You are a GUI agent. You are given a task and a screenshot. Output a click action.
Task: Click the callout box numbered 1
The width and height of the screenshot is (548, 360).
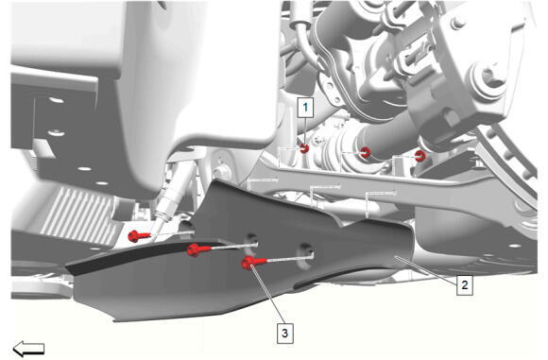click(x=306, y=108)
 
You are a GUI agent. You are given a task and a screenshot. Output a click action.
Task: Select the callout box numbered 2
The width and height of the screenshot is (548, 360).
click(x=465, y=285)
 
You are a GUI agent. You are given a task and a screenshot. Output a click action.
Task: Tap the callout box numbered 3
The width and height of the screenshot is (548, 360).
click(x=285, y=334)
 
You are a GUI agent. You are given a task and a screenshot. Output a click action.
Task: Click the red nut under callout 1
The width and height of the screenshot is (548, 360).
click(x=304, y=148)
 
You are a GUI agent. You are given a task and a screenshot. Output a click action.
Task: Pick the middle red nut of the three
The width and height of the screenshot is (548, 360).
click(x=366, y=152)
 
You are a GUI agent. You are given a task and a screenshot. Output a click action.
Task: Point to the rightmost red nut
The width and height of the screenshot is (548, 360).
click(x=420, y=156)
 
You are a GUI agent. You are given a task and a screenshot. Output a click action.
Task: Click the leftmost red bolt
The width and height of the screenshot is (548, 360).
click(x=139, y=236)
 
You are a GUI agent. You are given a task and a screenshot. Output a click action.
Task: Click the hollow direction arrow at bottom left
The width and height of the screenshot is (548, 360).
click(x=28, y=349)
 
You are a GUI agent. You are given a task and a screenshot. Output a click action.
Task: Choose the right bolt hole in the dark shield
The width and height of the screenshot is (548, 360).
click(x=305, y=256)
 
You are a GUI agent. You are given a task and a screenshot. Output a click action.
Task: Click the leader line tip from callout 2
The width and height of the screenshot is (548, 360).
click(x=396, y=258)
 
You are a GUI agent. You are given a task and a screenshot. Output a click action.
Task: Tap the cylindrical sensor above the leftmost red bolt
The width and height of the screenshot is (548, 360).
click(x=170, y=196)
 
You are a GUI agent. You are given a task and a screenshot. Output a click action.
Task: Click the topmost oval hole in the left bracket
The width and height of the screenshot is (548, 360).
click(x=57, y=101)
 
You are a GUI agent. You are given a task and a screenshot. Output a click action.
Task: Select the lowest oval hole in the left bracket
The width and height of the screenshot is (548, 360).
click(x=102, y=183)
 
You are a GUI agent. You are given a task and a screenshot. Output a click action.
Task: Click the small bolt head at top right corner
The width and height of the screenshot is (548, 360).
click(x=458, y=23)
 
